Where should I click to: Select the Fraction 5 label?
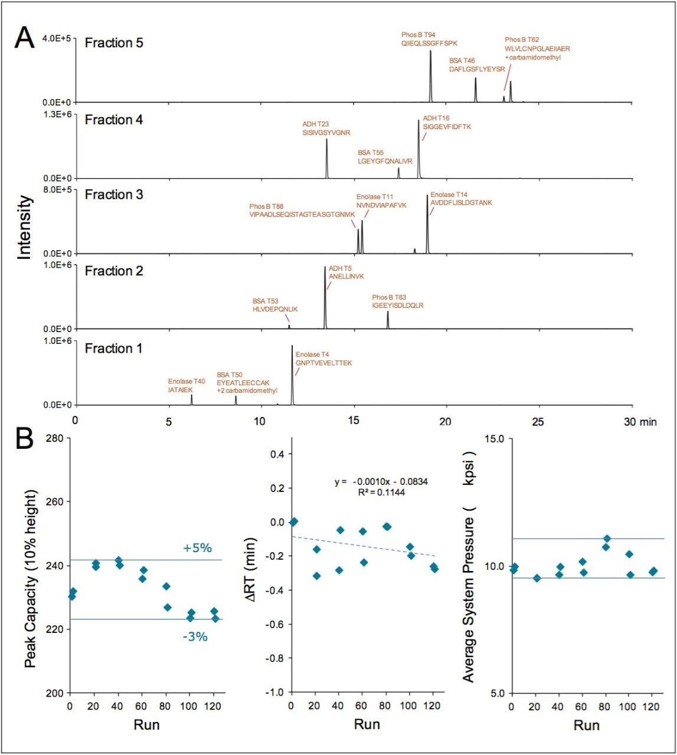pyautogui.click(x=114, y=43)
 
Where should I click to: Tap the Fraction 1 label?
pyautogui.click(x=113, y=349)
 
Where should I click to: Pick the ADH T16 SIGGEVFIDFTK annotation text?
pyautogui.click(x=447, y=123)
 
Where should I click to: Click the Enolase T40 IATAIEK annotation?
pyautogui.click(x=187, y=386)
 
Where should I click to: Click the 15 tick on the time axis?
pyautogui.click(x=354, y=422)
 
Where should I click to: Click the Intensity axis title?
pyautogui.click(x=24, y=228)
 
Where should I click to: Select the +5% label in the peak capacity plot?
pyautogui.click(x=197, y=548)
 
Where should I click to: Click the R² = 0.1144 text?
pyautogui.click(x=381, y=492)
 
